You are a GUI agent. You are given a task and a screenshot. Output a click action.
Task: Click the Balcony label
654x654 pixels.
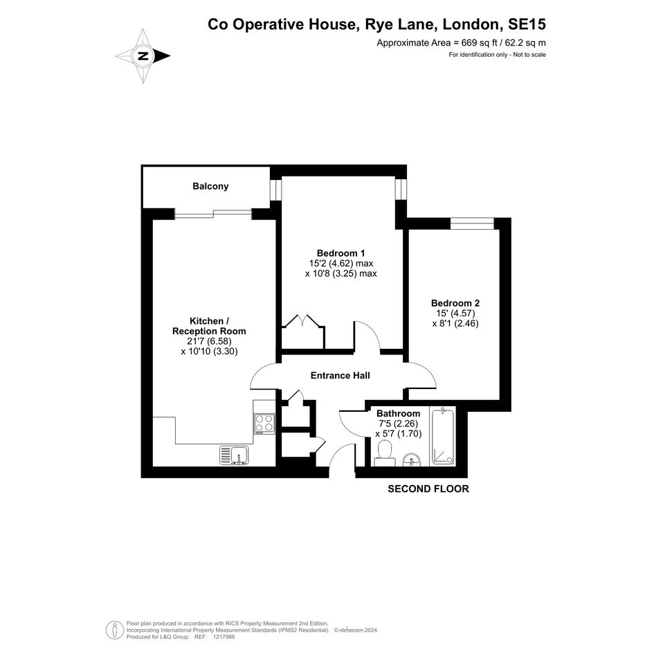210,186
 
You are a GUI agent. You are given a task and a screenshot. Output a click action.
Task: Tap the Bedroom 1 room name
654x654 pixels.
340,253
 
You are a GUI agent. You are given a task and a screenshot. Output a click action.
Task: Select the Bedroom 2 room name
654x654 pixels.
455,303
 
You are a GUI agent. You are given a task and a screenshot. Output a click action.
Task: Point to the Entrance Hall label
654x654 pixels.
340,375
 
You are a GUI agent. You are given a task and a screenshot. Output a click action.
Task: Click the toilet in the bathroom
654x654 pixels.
384,454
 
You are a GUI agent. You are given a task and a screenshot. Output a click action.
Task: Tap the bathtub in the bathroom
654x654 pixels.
442,437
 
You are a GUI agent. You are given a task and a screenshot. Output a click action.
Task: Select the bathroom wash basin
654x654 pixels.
412,460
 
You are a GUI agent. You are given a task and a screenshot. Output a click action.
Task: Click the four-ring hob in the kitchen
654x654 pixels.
264,424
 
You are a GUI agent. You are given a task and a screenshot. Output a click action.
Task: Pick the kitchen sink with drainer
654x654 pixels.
234,455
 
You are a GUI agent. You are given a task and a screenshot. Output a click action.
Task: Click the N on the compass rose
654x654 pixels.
143,56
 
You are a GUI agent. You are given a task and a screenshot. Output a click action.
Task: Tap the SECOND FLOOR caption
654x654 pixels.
428,489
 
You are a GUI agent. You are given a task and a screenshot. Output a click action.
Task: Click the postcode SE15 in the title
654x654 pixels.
527,24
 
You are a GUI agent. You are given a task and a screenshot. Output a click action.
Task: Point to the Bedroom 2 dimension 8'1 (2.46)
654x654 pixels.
455,323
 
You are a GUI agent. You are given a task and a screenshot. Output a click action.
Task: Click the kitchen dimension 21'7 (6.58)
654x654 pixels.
209,341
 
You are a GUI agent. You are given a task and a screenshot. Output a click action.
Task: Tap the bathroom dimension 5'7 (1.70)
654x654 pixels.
399,434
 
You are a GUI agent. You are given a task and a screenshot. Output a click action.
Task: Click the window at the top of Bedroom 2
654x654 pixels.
472,223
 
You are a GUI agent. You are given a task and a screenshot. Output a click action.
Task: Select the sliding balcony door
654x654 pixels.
213,215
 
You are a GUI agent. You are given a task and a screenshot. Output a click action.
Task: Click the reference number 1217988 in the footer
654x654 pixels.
224,637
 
